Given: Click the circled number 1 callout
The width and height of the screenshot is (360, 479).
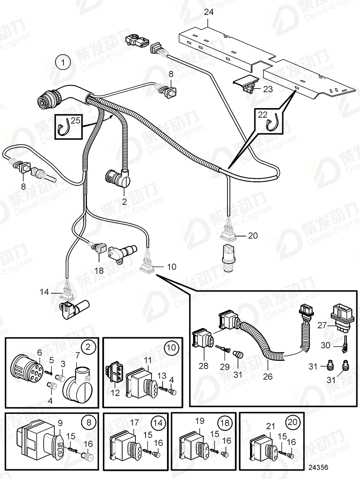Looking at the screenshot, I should pyautogui.click(x=63, y=63).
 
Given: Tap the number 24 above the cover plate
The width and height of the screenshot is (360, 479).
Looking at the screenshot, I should pyautogui.click(x=208, y=12).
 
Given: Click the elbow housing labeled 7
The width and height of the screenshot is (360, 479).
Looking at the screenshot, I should pyautogui.click(x=78, y=383).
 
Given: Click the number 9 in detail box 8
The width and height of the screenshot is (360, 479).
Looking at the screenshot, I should pyautogui.click(x=59, y=422).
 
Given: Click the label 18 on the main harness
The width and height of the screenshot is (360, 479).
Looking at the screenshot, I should pyautogui.click(x=99, y=270).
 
